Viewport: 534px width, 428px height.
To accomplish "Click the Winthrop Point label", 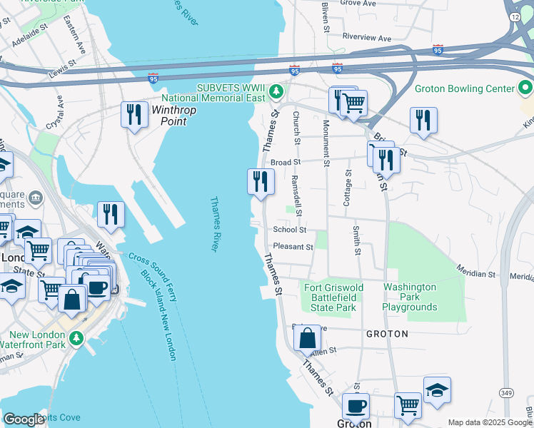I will [168, 116].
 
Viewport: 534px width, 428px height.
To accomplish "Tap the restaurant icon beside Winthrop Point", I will [133, 115].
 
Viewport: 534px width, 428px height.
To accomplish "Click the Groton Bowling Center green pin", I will [525, 88].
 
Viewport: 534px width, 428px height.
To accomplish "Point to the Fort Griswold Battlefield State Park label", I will [329, 297].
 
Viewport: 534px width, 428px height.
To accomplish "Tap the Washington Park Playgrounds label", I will [409, 297].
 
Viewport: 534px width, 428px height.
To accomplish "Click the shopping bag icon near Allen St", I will [307, 339].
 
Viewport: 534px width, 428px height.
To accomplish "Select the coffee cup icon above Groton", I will [355, 407].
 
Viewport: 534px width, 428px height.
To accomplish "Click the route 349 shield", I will [506, 392].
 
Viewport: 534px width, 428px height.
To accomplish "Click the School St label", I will [289, 230].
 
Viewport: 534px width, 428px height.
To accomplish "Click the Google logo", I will [24, 419].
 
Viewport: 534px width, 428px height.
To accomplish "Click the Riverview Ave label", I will [367, 37].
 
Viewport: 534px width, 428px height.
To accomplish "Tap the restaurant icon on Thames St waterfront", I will [261, 181].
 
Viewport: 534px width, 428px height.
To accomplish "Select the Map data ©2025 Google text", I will [489, 422].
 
